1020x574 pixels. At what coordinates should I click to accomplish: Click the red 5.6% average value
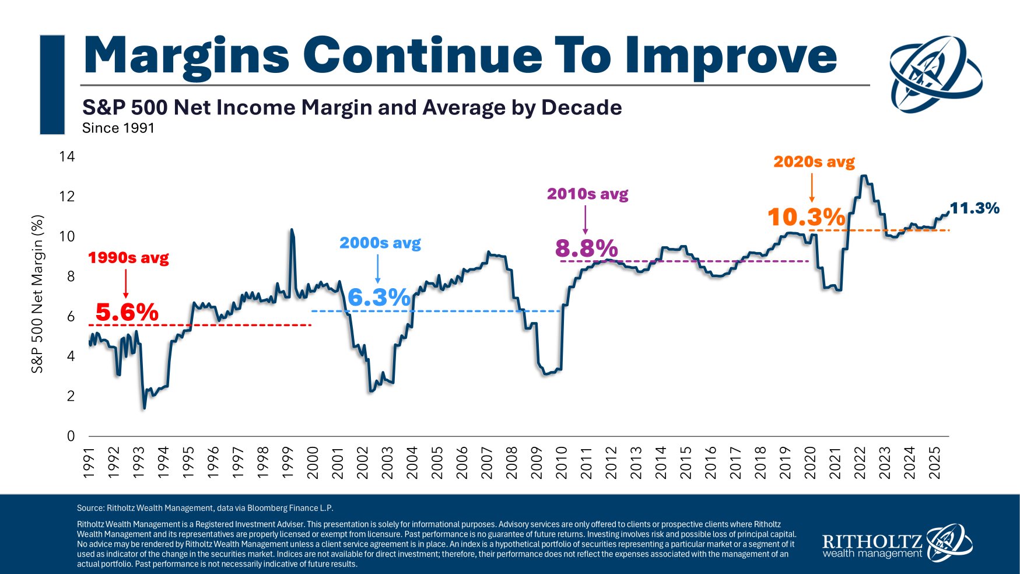click(127, 312)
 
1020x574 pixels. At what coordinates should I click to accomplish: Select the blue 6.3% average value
click(379, 297)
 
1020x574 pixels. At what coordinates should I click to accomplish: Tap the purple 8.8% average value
click(586, 249)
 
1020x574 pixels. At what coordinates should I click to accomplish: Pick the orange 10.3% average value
click(806, 218)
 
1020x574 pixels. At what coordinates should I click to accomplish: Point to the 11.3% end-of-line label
click(975, 208)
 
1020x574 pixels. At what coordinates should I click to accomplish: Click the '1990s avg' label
click(128, 258)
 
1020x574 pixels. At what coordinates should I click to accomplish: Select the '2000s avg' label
click(380, 243)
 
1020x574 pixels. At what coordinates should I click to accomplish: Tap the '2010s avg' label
click(587, 194)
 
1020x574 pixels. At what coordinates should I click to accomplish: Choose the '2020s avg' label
click(814, 162)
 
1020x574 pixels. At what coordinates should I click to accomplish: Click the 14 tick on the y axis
click(67, 156)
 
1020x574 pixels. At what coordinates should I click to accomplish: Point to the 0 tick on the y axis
click(71, 436)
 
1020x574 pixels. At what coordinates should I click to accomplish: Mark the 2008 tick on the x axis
click(511, 463)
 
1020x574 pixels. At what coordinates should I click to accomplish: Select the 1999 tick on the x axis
click(288, 463)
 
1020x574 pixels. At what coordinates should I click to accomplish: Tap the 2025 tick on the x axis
click(934, 463)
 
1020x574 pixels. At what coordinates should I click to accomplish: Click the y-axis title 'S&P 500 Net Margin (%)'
click(37, 295)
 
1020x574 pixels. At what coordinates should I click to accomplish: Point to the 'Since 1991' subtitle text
click(118, 128)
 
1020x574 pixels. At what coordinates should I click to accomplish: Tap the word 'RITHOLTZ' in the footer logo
click(872, 541)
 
